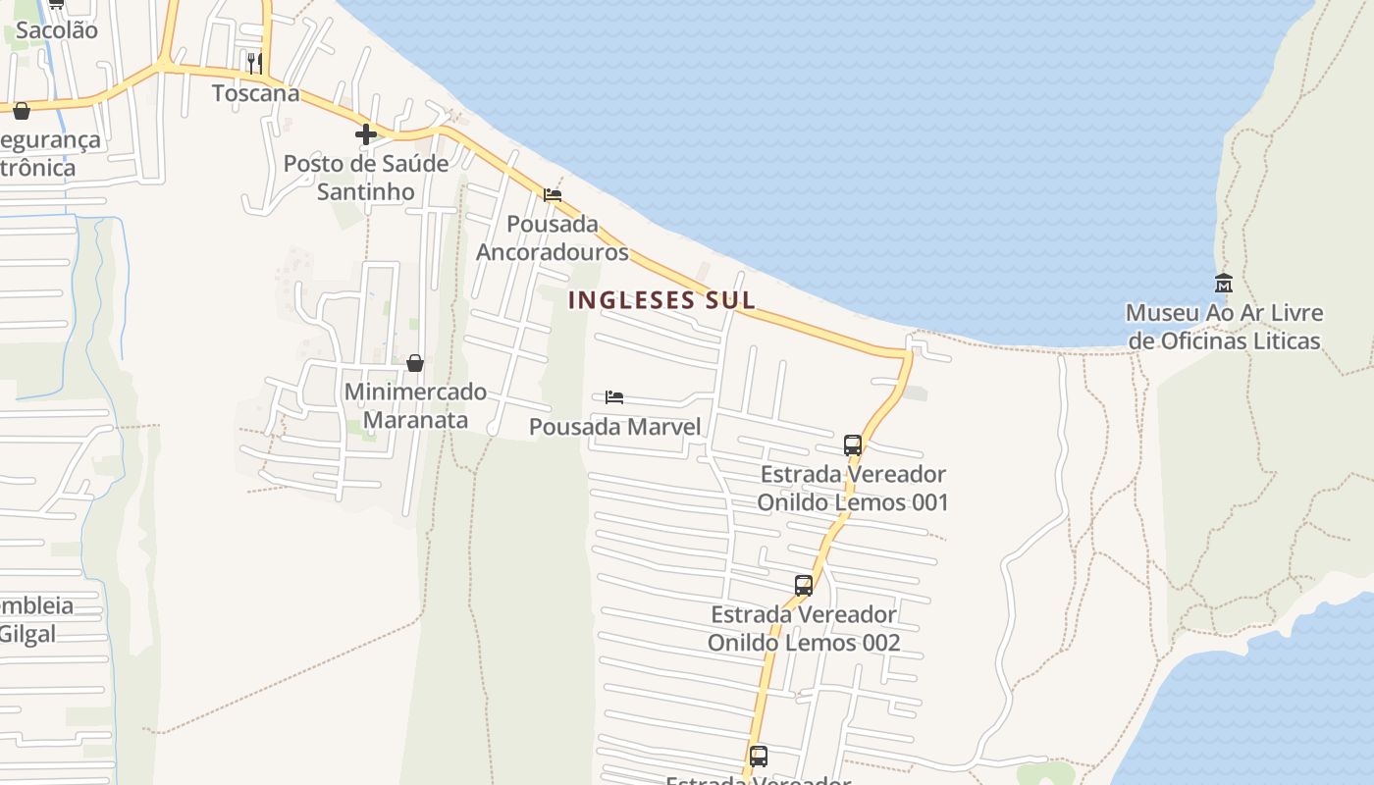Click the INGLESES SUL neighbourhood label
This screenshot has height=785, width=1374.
click(x=661, y=300)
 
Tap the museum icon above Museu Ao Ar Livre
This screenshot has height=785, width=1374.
click(x=1224, y=284)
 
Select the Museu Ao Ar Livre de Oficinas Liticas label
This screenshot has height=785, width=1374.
click(x=1224, y=327)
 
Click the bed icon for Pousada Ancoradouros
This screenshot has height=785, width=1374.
click(x=553, y=195)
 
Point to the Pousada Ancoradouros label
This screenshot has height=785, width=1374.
click(x=553, y=238)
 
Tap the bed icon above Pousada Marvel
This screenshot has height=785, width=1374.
click(x=614, y=397)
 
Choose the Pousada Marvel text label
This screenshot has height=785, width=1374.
click(x=614, y=427)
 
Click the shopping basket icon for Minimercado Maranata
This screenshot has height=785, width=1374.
click(x=415, y=363)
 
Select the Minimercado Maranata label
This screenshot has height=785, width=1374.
click(x=415, y=405)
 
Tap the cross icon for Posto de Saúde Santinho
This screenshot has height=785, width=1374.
click(x=366, y=134)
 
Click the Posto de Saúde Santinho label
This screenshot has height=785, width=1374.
click(x=366, y=178)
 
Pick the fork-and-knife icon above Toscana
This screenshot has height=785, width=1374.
click(x=254, y=64)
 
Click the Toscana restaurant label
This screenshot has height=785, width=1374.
click(x=256, y=93)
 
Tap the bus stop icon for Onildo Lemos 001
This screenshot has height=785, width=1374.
click(x=853, y=445)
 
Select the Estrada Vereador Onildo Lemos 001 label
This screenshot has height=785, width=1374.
click(x=853, y=489)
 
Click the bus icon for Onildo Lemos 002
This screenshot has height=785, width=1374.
click(x=804, y=586)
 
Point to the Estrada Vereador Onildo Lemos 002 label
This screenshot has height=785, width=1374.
click(x=804, y=629)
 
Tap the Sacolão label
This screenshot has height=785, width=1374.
click(x=57, y=30)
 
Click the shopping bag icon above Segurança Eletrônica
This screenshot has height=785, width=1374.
click(x=22, y=111)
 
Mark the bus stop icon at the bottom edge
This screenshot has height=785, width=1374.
click(x=759, y=756)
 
